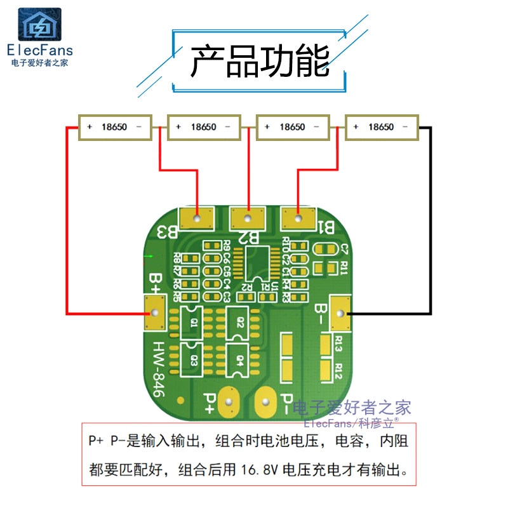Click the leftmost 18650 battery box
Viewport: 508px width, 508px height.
[115, 127]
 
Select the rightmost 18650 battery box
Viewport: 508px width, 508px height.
[382, 127]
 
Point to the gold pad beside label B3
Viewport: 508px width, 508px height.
[197, 220]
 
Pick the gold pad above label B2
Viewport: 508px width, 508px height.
[248, 220]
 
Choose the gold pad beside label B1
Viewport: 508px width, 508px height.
[298, 220]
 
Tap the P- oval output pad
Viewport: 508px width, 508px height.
[265, 401]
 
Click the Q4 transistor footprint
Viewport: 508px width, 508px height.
[240, 360]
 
